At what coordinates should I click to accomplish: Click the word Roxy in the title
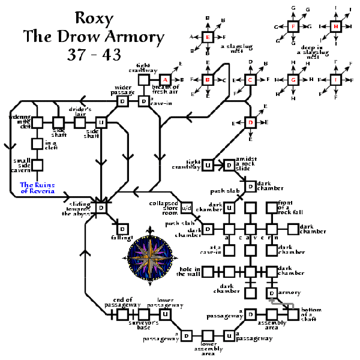[x=93, y=18]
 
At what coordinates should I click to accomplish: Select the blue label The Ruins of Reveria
[x=37, y=188]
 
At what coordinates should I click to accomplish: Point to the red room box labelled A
[x=165, y=79]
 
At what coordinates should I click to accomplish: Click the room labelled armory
[x=272, y=293]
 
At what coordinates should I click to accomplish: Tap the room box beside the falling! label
[x=122, y=229]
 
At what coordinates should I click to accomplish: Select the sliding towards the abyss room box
[x=101, y=208]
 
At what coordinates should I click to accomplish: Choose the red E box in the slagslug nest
[x=208, y=37]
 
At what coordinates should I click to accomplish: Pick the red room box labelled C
[x=251, y=79]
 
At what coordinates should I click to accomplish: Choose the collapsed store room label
[x=163, y=208]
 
